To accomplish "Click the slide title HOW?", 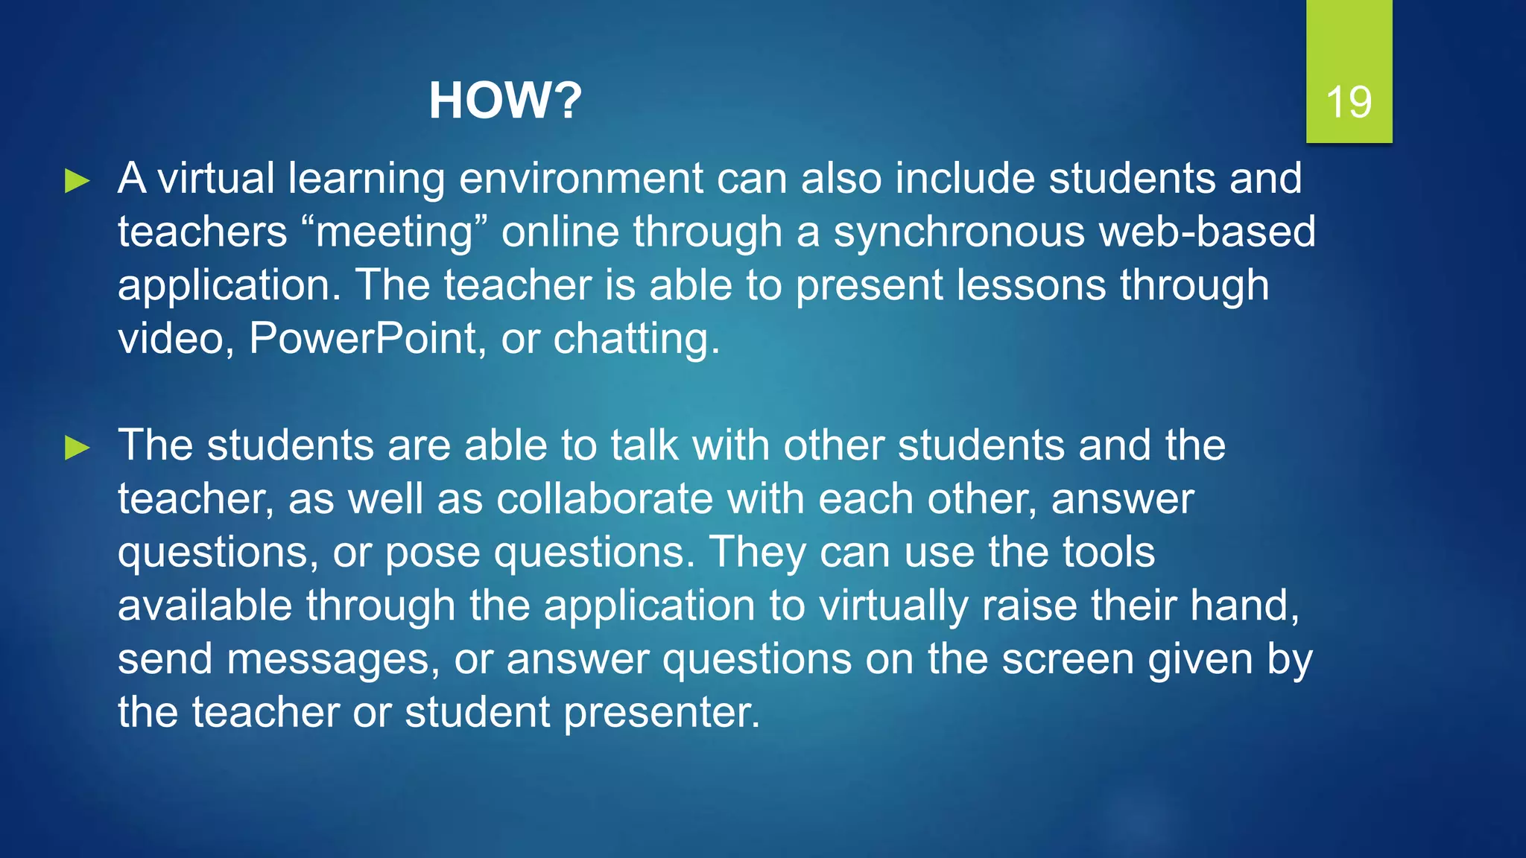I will click(504, 101).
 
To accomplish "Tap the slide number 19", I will click(1349, 102).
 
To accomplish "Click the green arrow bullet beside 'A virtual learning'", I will click(77, 181).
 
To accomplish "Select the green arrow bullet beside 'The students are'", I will click(77, 448).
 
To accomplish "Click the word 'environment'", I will click(581, 179).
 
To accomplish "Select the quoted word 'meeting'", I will click(395, 232).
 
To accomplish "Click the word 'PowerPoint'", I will click(362, 339).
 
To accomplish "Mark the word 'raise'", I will click(1029, 606).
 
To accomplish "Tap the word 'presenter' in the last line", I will click(662, 714).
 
